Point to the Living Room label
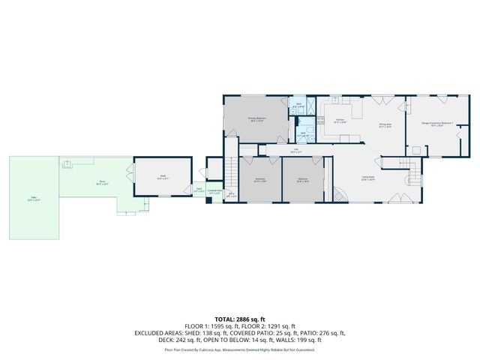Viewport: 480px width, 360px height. (368, 178)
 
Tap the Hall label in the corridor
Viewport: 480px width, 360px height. (295, 151)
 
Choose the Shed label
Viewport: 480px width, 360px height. (162, 177)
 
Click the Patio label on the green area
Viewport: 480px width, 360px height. (33, 199)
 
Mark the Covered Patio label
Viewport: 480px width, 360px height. (214, 192)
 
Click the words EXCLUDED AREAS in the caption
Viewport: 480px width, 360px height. (160, 332)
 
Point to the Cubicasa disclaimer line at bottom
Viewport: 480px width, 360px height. (240, 350)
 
